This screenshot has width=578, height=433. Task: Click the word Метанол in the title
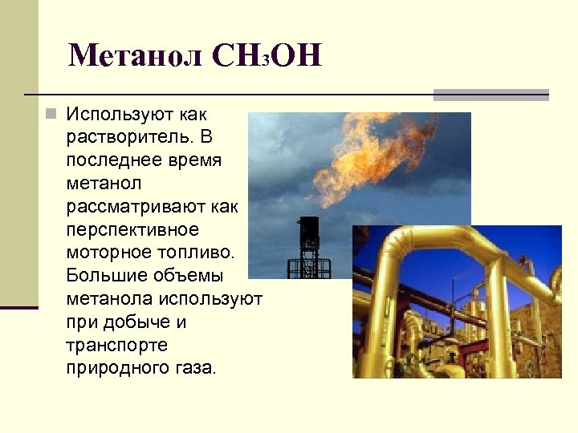pyautogui.click(x=136, y=55)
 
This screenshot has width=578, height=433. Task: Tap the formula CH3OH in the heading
pyautogui.click(x=267, y=55)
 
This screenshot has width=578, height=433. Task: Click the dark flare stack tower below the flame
pyautogui.click(x=309, y=241)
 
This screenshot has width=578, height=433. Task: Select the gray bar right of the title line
pyautogui.click(x=490, y=94)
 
